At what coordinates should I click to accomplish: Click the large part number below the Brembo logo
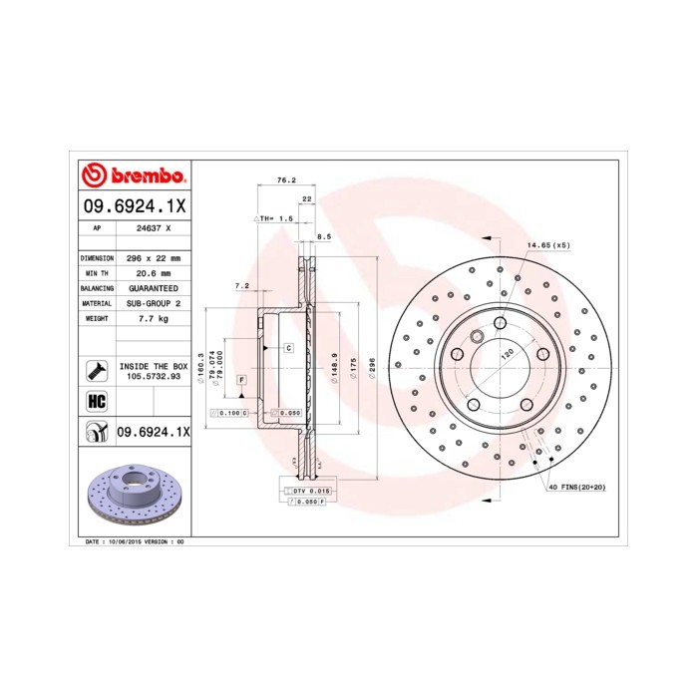(133, 205)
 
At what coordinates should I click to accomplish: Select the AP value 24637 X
(153, 227)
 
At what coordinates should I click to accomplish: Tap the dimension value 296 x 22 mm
(152, 257)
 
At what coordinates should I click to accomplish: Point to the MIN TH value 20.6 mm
(152, 272)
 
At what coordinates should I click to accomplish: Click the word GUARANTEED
(152, 287)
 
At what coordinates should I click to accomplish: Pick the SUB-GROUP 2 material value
(152, 302)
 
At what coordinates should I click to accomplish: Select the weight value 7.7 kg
(152, 318)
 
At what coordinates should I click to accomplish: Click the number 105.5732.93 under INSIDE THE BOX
(153, 377)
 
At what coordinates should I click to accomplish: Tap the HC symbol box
(97, 402)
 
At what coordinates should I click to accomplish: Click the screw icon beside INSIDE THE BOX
(97, 371)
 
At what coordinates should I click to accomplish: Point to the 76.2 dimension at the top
(285, 179)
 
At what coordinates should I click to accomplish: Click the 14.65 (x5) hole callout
(548, 245)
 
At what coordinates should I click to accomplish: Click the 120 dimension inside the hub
(506, 354)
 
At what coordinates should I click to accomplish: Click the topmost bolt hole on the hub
(500, 322)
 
